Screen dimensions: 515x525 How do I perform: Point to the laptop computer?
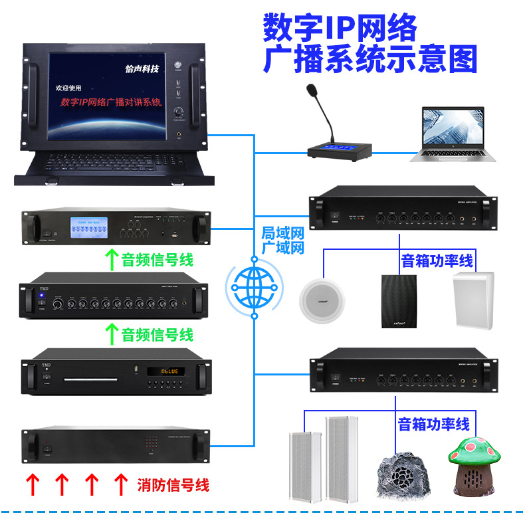click(453, 134)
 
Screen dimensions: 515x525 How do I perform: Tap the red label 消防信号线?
click(173, 484)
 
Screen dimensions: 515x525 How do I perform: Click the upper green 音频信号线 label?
click(157, 259)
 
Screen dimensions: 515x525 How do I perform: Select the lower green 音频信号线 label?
click(157, 334)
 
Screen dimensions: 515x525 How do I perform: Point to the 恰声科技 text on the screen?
click(142, 68)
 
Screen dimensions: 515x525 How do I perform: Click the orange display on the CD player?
click(167, 371)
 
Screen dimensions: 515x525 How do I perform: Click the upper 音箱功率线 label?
click(437, 260)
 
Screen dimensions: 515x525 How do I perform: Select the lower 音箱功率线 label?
click(433, 423)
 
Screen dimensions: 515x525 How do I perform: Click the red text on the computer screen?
click(111, 102)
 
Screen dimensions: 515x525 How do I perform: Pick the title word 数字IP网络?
click(340, 29)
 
